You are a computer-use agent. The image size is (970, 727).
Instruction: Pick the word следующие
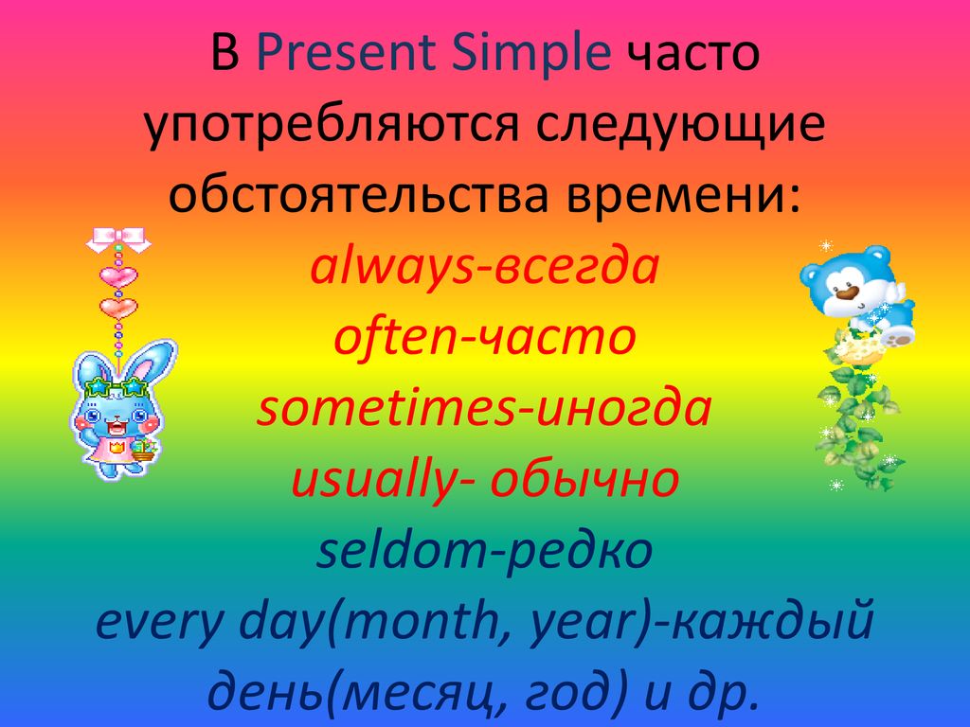pyautogui.click(x=680, y=127)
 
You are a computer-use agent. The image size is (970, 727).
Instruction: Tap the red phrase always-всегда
pyautogui.click(x=484, y=268)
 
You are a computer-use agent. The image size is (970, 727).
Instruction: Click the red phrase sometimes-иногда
pyautogui.click(x=484, y=408)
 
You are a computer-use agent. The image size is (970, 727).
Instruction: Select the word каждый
pyautogui.click(x=772, y=621)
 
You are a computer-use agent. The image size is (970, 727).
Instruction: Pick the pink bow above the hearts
pyautogui.click(x=118, y=239)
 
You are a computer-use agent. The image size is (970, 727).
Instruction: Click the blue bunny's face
pyautogui.click(x=115, y=416)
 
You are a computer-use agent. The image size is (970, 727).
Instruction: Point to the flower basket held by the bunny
pyautogui.click(x=144, y=450)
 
